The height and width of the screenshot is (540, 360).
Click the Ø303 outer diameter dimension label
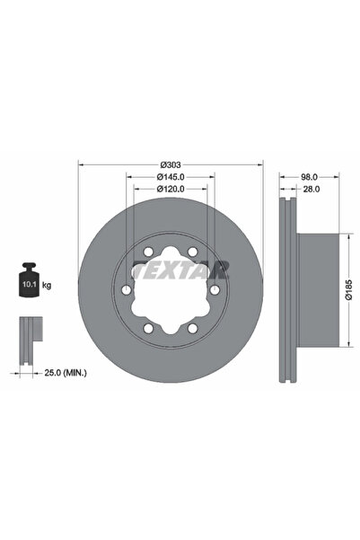pyautogui.click(x=170, y=164)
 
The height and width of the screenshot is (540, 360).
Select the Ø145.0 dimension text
pyautogui.click(x=170, y=178)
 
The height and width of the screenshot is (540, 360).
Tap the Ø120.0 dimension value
pyautogui.click(x=170, y=190)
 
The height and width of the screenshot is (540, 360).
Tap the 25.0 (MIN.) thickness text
pyautogui.click(x=60, y=370)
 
